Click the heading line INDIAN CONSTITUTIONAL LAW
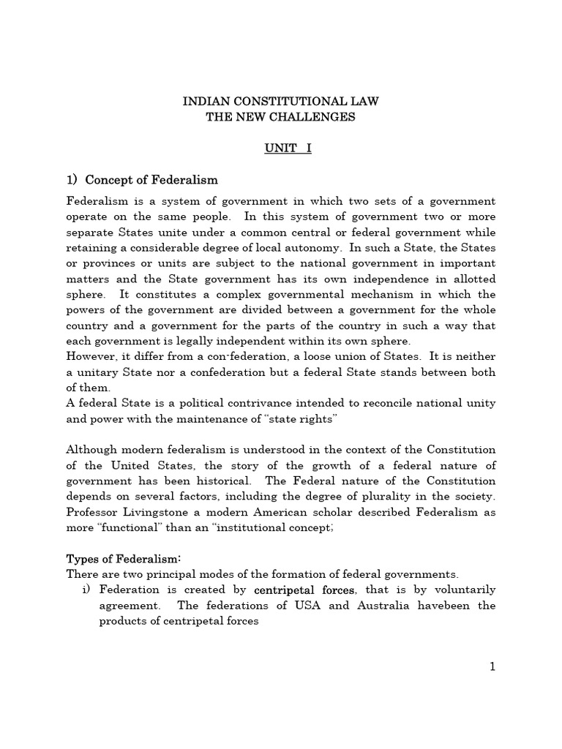[280, 101]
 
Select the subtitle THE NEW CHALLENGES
[280, 117]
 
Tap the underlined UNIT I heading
[281, 148]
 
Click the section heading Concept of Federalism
[151, 180]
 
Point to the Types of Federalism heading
[124, 559]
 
